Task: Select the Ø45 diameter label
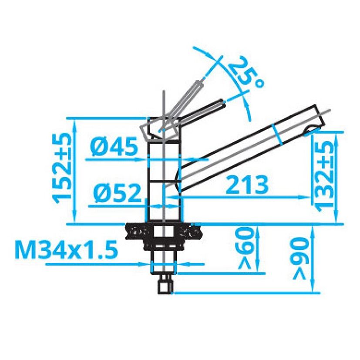point(114,146)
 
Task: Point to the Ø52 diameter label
point(117,193)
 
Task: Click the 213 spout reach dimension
point(247,185)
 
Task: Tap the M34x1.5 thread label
point(66,249)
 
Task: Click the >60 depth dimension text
point(247,249)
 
